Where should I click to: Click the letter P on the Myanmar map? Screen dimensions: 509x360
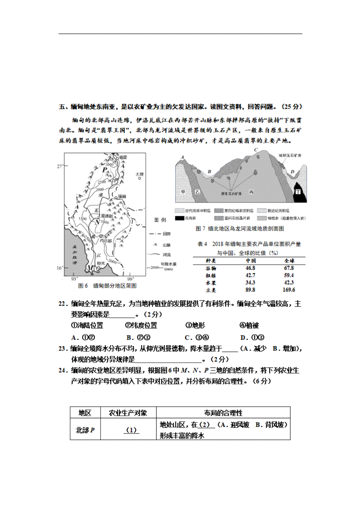105,170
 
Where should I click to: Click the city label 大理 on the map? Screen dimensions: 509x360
139,174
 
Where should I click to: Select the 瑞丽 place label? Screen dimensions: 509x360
122,196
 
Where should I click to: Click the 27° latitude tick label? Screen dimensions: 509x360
60,166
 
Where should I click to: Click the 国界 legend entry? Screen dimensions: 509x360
166,234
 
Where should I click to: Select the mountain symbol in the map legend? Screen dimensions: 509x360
156,245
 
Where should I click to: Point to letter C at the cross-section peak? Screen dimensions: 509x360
256,150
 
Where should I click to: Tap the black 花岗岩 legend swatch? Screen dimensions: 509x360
179,218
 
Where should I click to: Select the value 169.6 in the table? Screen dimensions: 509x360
289,290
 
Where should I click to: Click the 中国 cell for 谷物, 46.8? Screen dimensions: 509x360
250,268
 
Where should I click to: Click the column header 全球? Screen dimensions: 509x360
289,261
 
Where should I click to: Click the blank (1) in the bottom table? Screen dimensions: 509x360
131,430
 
